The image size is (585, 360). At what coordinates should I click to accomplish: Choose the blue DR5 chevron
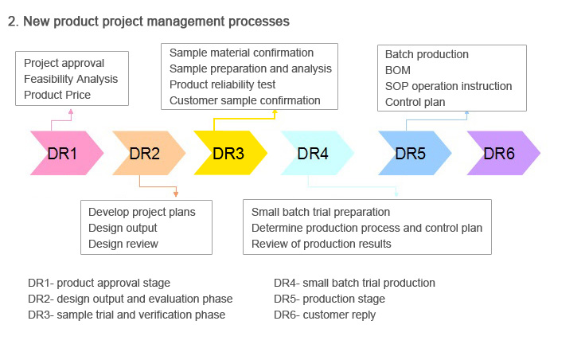point(415,153)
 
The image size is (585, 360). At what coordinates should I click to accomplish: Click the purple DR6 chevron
point(504,153)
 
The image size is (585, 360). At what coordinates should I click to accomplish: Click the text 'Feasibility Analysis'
point(71,79)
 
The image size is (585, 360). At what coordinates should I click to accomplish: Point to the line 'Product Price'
point(57,95)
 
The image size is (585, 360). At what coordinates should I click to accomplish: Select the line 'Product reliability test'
point(222,84)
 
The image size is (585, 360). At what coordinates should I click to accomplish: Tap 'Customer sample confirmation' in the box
point(245,100)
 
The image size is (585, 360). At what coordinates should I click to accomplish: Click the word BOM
point(398,70)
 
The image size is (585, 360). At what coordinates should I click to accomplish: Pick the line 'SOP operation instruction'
point(448,86)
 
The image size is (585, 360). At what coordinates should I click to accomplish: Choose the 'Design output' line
point(123,228)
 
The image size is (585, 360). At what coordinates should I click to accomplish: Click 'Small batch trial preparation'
point(321,212)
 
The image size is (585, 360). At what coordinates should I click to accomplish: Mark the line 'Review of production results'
point(322,244)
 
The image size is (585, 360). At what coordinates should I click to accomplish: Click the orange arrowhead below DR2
point(176,194)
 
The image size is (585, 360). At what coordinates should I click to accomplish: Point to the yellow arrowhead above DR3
point(275,112)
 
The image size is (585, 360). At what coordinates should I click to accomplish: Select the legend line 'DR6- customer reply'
point(325,315)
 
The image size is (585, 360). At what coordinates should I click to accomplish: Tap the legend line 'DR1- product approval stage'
point(99,283)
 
